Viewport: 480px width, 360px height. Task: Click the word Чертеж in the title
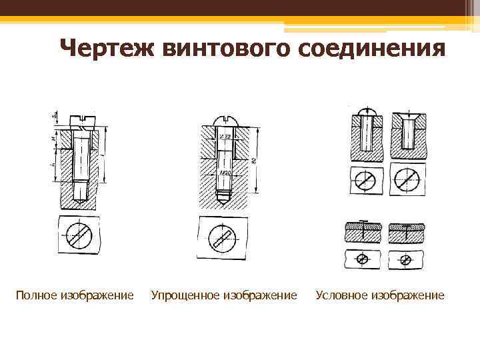click(106, 49)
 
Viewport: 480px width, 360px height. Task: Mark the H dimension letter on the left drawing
click(53, 139)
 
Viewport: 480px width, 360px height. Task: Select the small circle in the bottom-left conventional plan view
click(363, 258)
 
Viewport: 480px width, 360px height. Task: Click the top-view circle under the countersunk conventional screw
click(407, 179)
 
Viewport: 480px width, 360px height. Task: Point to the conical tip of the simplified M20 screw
click(223, 197)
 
